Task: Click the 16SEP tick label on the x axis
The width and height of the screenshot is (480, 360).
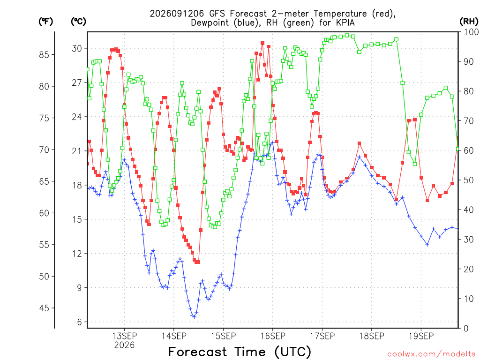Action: [x=273, y=336]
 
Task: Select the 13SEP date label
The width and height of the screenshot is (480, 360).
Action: [x=124, y=336]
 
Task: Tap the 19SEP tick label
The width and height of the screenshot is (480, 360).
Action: [x=421, y=336]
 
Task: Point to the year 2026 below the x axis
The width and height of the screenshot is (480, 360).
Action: [x=124, y=345]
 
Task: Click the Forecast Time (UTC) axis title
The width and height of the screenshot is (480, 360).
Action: [x=240, y=352]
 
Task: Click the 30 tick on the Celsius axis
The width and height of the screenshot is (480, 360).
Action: [x=77, y=48]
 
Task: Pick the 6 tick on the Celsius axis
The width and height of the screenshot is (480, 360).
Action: [x=80, y=322]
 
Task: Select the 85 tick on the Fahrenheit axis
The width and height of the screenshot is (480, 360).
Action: [x=45, y=55]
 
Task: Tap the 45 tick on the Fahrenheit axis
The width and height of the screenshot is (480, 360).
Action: [x=45, y=308]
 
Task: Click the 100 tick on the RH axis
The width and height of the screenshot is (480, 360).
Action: [x=472, y=32]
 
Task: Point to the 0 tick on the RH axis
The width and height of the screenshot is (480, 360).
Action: [x=466, y=329]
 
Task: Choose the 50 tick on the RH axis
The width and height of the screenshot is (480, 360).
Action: [x=469, y=180]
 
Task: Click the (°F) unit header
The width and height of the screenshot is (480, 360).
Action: [x=45, y=22]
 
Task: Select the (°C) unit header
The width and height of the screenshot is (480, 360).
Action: [x=78, y=22]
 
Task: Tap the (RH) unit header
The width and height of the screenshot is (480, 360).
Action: [x=469, y=22]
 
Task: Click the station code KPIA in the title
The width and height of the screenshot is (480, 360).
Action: [x=345, y=22]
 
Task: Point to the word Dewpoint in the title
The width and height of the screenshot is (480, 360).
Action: [x=210, y=23]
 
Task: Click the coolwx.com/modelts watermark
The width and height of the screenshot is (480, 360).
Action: [x=432, y=354]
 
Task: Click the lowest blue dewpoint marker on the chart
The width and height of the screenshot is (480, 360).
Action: [x=194, y=316]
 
